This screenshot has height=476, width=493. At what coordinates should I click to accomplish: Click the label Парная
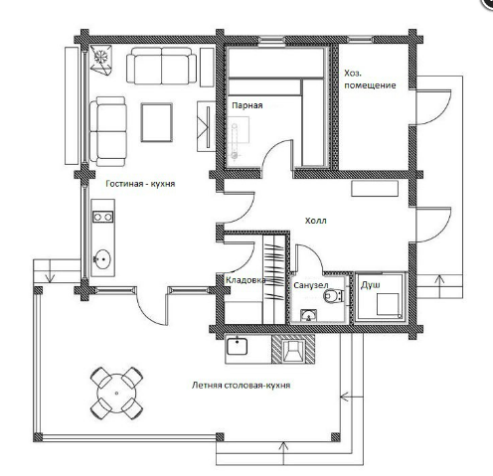[247, 105]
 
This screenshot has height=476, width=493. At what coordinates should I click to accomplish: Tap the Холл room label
[316, 221]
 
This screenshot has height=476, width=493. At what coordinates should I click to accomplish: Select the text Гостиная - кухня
[140, 184]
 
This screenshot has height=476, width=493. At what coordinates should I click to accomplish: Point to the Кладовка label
[246, 280]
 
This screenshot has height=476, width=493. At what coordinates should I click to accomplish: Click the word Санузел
[311, 285]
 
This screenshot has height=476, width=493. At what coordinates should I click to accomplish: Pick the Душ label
[371, 285]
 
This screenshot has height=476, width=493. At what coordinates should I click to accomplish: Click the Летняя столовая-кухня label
[242, 386]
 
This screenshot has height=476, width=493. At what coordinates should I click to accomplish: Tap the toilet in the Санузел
[333, 295]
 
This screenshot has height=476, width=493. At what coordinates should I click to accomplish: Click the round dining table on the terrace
[116, 394]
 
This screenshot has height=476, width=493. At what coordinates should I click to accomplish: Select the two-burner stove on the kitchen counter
[102, 217]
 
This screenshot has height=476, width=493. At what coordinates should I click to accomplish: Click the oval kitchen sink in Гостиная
[102, 259]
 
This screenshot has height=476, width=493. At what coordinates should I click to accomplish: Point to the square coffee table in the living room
[157, 122]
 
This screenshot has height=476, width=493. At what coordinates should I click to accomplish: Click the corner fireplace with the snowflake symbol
[100, 59]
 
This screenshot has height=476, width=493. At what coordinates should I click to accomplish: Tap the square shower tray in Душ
[388, 304]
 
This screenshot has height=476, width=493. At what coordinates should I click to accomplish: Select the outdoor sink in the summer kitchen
[237, 346]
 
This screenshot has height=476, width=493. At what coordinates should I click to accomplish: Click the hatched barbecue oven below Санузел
[293, 349]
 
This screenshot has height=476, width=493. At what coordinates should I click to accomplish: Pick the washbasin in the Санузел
[309, 316]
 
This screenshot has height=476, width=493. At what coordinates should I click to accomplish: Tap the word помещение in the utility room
[370, 85]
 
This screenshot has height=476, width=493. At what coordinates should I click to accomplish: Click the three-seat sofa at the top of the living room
[161, 66]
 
